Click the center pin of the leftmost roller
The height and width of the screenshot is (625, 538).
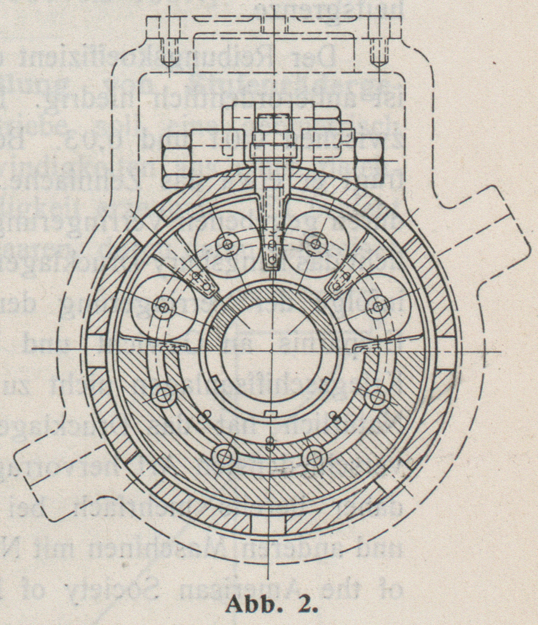click(165, 306)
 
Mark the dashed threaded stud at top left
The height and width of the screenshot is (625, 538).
click(168, 53)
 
